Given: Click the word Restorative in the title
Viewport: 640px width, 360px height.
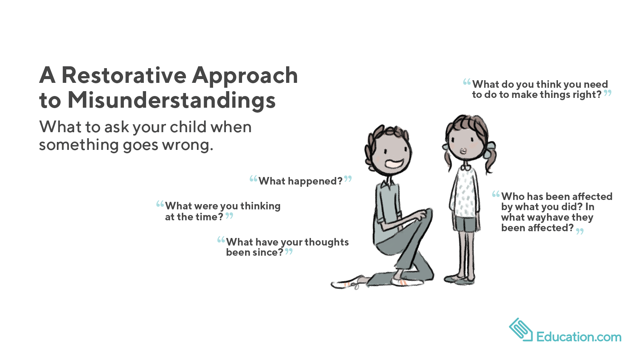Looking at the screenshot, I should point(123,75).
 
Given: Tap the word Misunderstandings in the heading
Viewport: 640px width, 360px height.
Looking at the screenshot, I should point(171,101).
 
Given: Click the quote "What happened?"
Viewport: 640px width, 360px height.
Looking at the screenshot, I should point(300,181).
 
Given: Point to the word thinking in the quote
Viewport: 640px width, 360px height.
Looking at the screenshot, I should point(260,206).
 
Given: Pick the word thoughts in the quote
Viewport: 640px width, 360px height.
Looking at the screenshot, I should point(326,242).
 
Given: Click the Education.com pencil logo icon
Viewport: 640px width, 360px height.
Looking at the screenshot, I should point(521,330).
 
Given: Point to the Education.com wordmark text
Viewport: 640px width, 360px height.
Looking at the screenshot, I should point(579,337).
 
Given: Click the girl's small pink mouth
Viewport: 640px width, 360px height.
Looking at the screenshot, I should point(463,151).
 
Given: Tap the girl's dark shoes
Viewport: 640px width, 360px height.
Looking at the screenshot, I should point(460,279).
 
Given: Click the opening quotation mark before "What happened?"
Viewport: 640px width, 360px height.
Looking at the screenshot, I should point(253,179).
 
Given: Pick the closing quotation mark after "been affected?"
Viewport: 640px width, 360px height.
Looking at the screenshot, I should point(580,231).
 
